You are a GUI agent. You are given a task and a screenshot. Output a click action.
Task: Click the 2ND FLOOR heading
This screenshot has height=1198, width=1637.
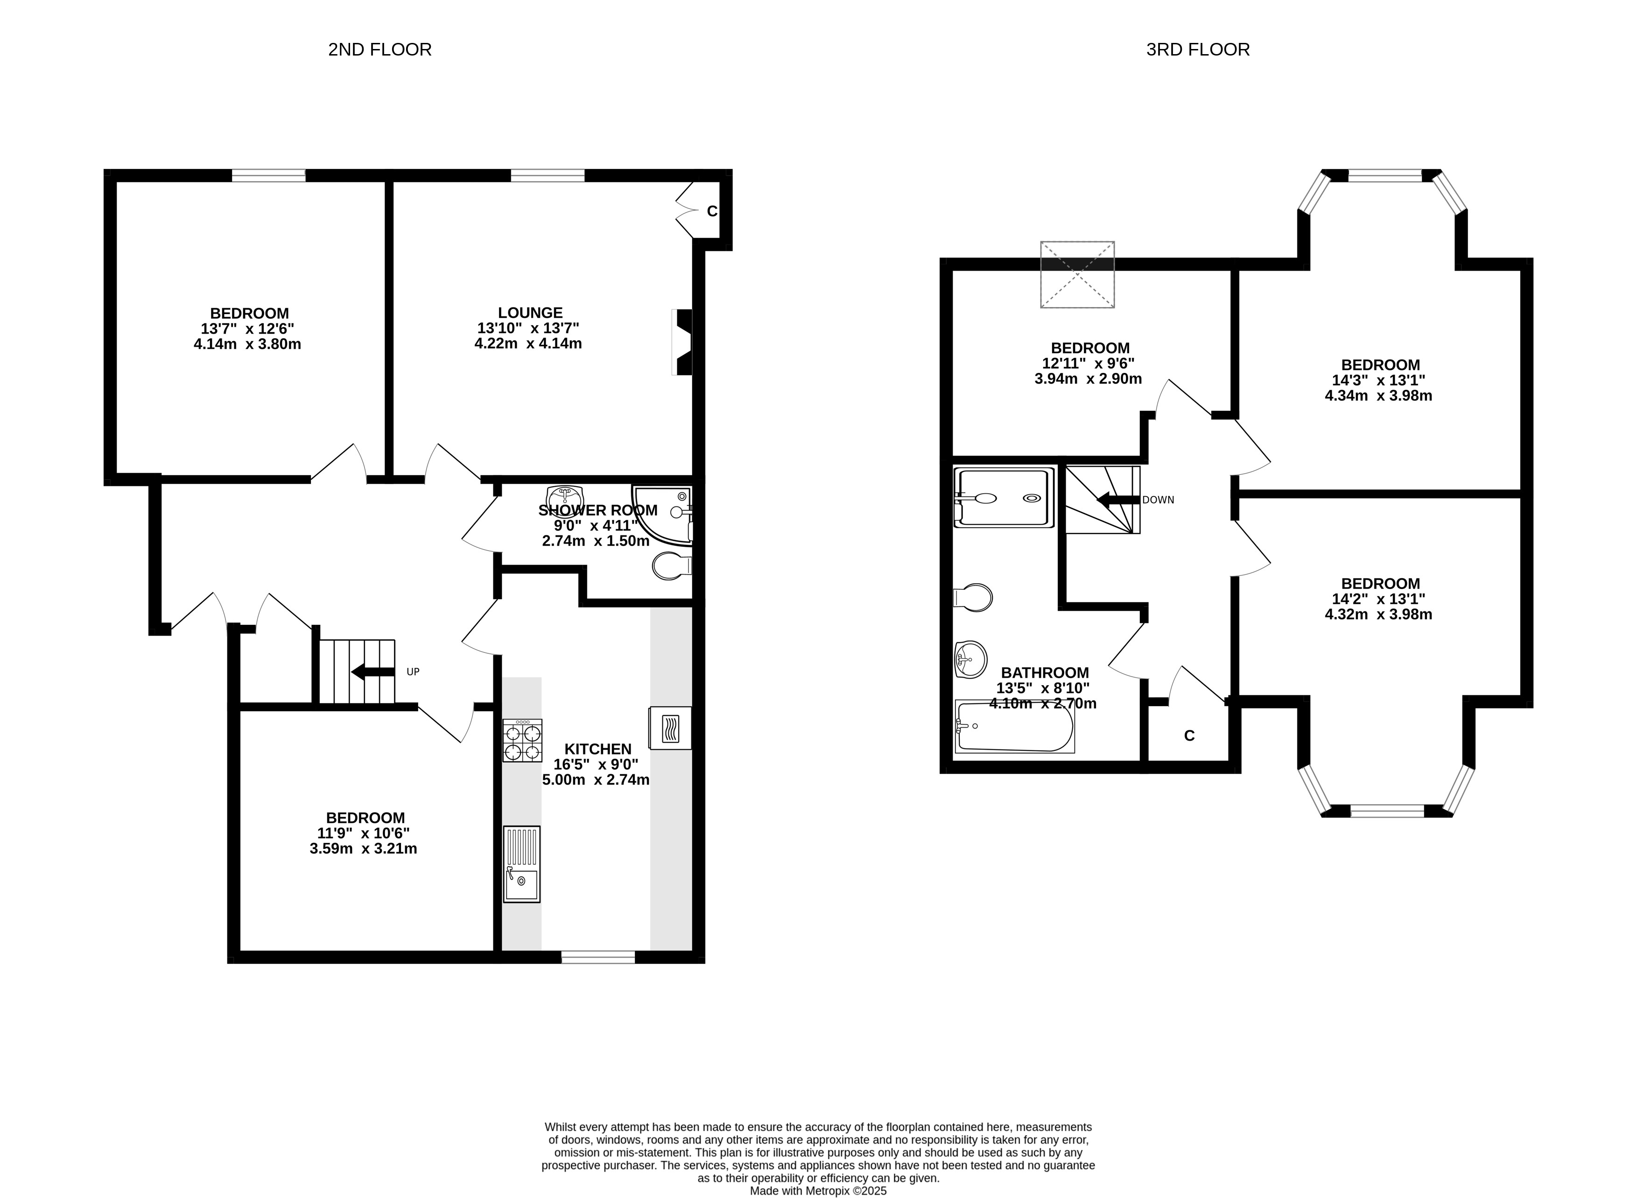[x=379, y=49]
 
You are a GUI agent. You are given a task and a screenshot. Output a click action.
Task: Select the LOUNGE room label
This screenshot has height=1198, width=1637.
[x=530, y=313]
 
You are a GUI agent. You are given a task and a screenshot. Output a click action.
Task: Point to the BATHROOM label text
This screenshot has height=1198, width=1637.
[x=1045, y=673]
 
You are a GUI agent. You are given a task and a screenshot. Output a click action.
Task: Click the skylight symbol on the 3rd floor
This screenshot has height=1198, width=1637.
[x=1077, y=274]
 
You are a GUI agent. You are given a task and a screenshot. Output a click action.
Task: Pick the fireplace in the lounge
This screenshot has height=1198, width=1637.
[x=682, y=342]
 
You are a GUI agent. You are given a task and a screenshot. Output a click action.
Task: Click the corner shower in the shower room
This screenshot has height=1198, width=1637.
[x=662, y=515]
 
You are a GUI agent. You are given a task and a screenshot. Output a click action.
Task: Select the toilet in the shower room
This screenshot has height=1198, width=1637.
[x=672, y=566]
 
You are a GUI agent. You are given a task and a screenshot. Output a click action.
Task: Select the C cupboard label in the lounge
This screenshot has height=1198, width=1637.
[x=712, y=211]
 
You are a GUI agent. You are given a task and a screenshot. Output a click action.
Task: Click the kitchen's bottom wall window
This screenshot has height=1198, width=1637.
[x=598, y=957]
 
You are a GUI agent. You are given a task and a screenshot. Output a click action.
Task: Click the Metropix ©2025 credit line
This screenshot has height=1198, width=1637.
[x=818, y=1190]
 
